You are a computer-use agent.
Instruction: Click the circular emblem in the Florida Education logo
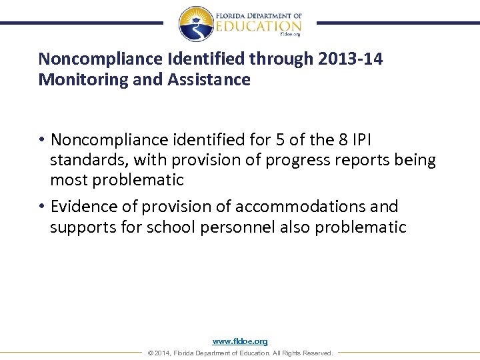tap(196, 23)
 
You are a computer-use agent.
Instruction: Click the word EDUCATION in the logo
tap(259, 26)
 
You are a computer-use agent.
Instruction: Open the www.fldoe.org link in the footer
tap(240, 341)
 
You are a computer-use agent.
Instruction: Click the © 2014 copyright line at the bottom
tap(240, 353)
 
